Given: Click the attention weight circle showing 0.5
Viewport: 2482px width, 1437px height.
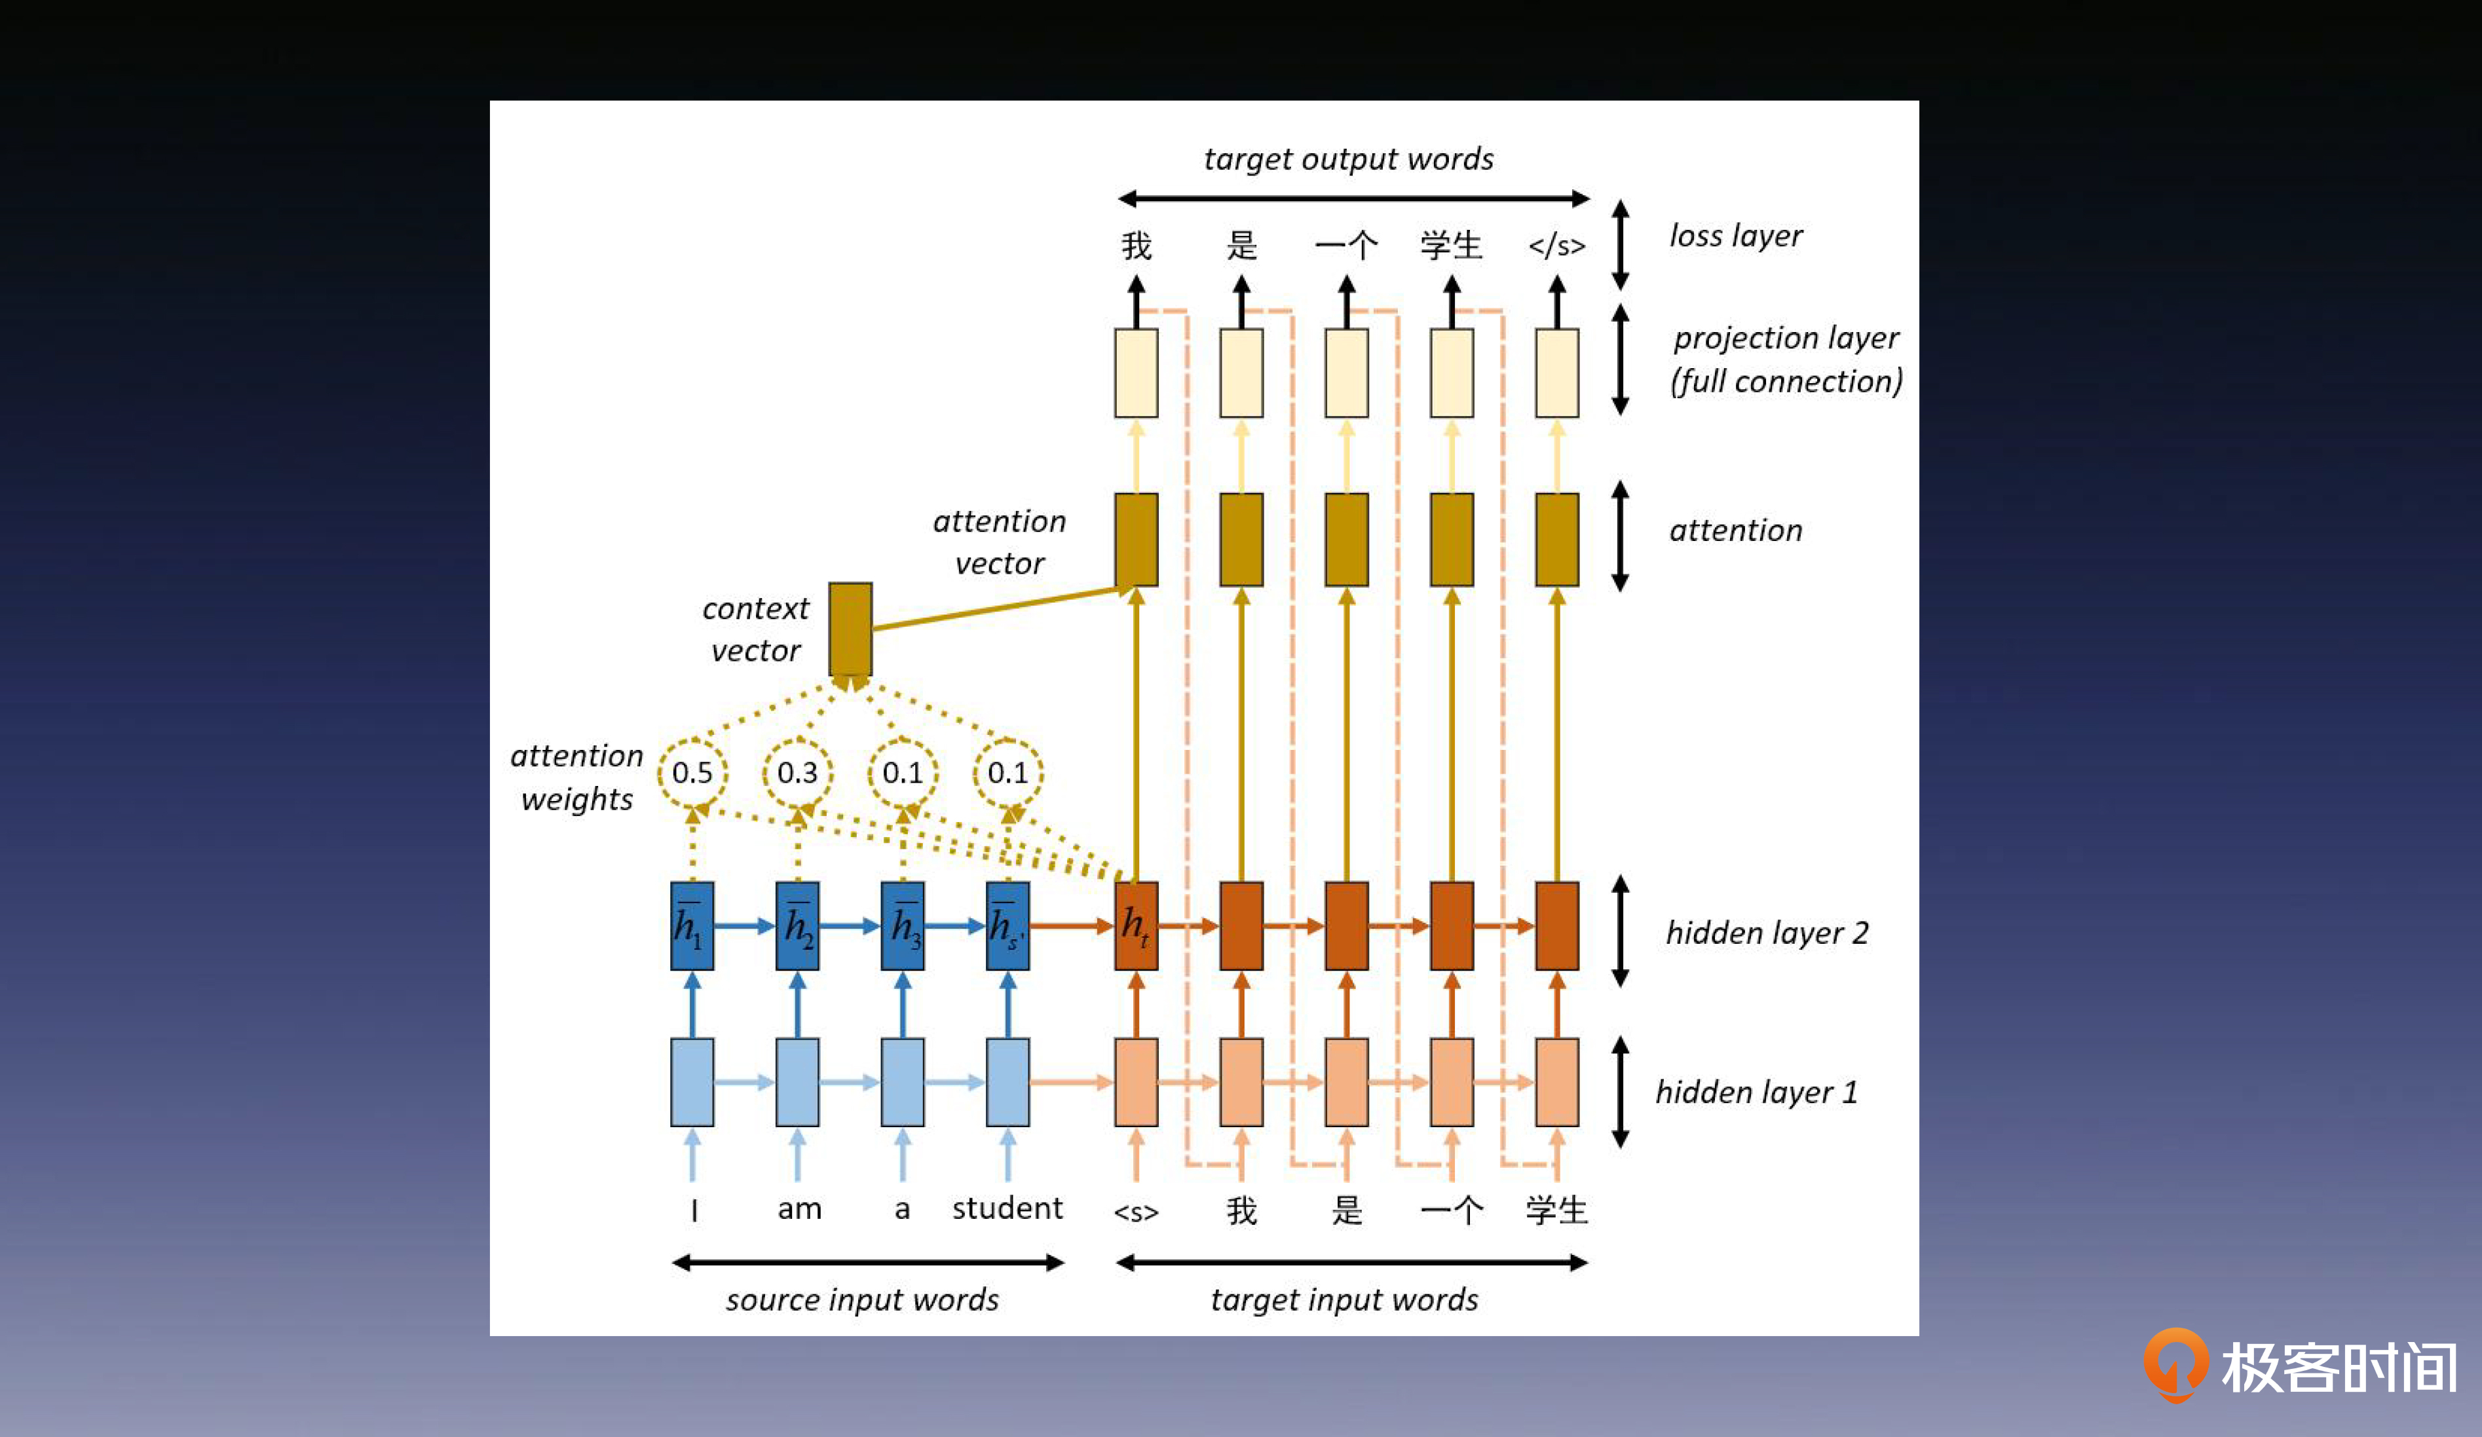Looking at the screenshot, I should click(x=692, y=773).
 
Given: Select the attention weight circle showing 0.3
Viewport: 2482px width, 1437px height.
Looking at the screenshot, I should click(x=798, y=773).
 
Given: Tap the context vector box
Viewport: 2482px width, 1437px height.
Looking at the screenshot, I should click(x=850, y=628).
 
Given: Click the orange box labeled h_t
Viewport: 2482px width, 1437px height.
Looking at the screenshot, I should click(x=1136, y=926).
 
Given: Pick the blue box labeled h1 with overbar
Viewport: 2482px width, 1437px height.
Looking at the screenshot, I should click(x=692, y=926).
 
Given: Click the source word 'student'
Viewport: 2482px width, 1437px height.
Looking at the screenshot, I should click(x=1007, y=1208).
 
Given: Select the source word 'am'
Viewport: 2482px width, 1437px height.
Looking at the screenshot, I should click(x=799, y=1208).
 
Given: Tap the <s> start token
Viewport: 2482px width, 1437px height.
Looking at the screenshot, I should click(x=1136, y=1212).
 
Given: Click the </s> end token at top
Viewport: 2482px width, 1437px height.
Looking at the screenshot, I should click(x=1556, y=245).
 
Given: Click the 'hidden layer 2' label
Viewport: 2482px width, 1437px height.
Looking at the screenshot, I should click(x=1767, y=933).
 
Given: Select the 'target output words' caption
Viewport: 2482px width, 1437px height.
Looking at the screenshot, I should click(x=1348, y=160).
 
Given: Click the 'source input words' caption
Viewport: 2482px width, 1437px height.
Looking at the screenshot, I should click(x=862, y=1300).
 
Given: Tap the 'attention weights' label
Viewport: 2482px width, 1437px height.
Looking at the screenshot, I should click(x=577, y=777).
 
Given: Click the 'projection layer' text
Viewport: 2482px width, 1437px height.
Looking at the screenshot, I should click(x=1786, y=338).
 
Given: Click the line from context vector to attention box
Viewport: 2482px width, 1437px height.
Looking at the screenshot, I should click(x=995, y=608).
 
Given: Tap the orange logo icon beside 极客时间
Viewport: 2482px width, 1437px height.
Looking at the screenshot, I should click(x=2175, y=1365).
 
